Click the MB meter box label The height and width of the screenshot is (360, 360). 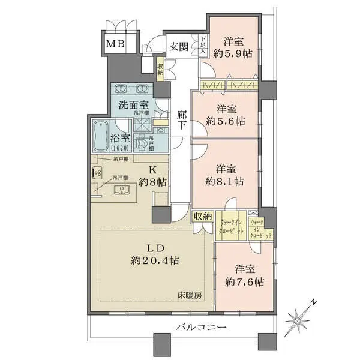click(116, 44)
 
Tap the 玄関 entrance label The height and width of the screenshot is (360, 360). click(179, 46)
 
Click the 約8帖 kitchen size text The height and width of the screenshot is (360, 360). click(152, 182)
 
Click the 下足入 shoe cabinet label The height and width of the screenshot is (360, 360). click(204, 47)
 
